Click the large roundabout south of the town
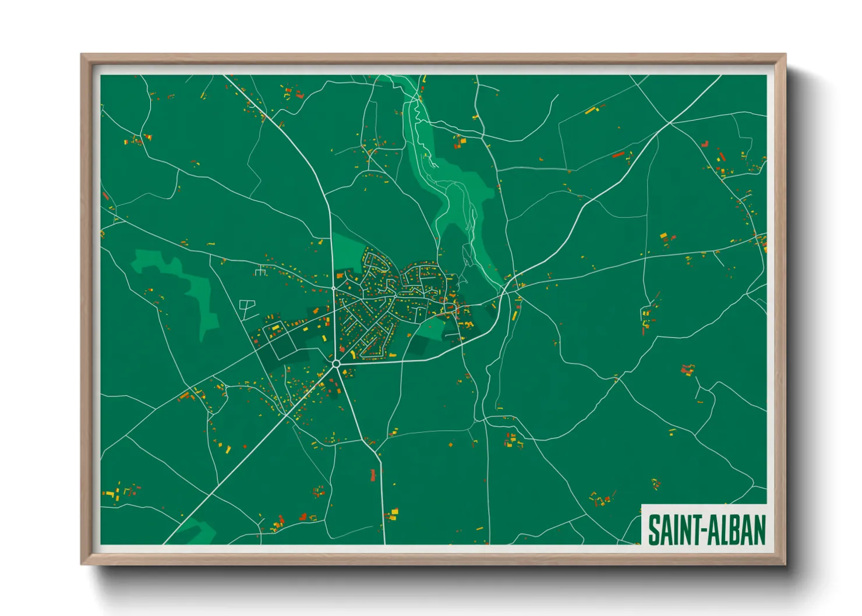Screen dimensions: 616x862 [x=336, y=363]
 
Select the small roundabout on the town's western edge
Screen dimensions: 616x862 [x=334, y=288]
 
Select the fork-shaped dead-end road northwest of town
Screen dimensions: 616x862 [x=260, y=271]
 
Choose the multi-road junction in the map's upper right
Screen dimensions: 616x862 [x=669, y=123]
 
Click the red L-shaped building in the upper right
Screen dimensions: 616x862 [x=705, y=143]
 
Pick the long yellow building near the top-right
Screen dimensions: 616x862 [x=592, y=109]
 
